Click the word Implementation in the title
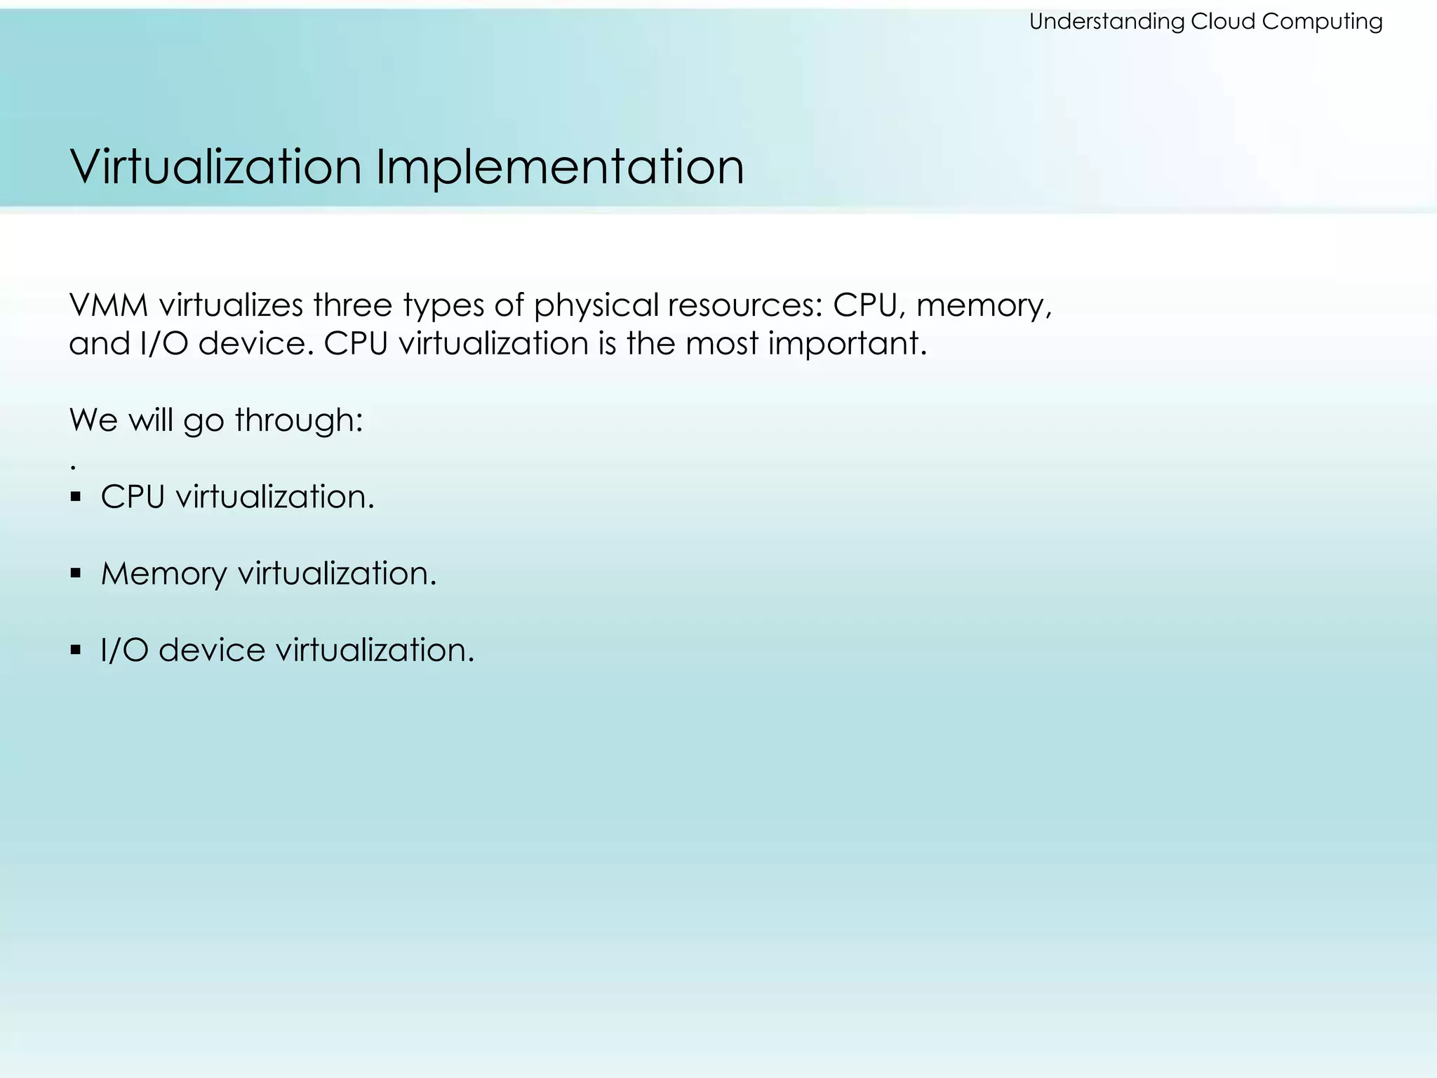tap(559, 167)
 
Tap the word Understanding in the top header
tap(1107, 22)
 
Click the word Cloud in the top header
tap(1223, 22)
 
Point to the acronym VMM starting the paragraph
tap(109, 305)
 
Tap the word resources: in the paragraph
tap(744, 305)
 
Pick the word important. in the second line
tap(848, 344)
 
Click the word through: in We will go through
tap(299, 420)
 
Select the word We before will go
tap(93, 420)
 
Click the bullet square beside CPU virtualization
tap(76, 498)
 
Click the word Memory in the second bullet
tap(163, 574)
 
